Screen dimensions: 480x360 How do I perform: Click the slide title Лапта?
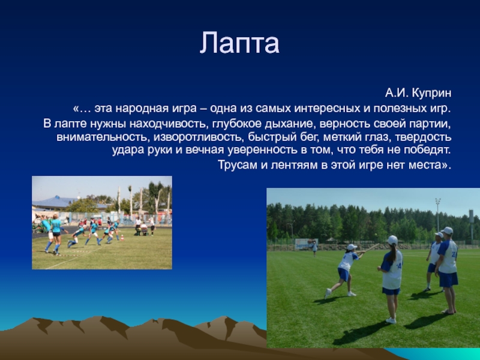tap(239, 43)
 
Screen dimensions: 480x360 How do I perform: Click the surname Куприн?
tap(431, 93)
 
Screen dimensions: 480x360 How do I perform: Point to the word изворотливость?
tap(197, 137)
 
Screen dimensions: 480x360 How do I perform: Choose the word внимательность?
tap(102, 137)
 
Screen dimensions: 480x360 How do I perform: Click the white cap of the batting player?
tap(352, 247)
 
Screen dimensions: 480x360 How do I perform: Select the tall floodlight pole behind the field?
tap(438, 220)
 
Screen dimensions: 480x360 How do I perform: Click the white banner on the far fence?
tap(307, 244)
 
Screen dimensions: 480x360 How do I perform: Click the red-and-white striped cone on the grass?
tap(122, 238)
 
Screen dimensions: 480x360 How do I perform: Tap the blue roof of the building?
tap(55, 203)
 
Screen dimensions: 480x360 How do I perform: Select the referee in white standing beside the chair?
tap(152, 226)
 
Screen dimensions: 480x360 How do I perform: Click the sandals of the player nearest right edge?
tap(449, 311)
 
